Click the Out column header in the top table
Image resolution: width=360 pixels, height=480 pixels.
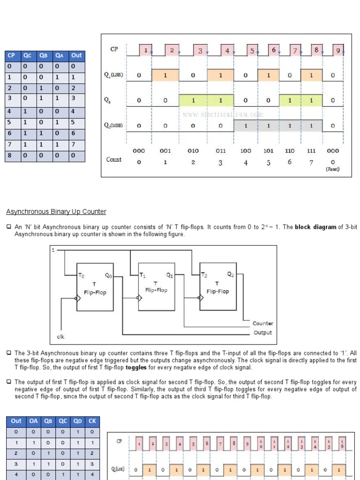76,55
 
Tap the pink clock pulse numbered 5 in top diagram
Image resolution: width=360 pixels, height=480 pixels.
252,51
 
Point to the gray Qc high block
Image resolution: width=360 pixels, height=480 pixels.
278,126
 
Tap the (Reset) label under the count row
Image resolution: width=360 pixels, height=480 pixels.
332,169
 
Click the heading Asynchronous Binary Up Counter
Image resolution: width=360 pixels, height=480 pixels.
56,212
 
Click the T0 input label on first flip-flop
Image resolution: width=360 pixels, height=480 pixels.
82,276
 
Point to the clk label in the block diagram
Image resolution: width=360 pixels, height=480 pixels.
60,337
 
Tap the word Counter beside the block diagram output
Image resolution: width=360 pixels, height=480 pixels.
262,323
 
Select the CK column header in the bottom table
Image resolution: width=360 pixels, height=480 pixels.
92,421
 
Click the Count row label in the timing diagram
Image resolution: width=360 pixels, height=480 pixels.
114,159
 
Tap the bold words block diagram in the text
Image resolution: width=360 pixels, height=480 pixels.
315,227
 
